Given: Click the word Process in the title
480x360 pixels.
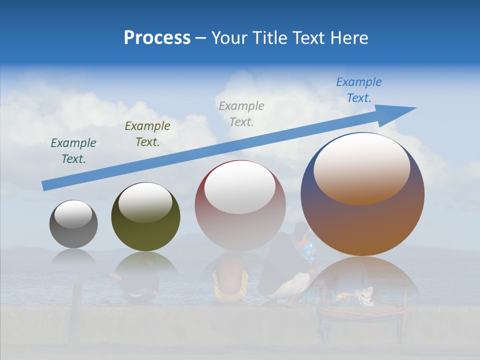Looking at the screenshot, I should (157, 38).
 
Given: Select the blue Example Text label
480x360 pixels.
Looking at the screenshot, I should (358, 90).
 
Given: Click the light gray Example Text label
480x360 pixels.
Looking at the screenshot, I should (241, 114).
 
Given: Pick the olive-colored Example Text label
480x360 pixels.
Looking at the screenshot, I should (147, 134).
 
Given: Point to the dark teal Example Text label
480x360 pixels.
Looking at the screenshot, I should (73, 151).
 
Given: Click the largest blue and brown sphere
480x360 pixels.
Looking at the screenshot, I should (362, 225).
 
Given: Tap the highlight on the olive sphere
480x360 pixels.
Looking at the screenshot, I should (145, 202).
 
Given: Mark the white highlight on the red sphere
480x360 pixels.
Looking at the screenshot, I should (240, 187).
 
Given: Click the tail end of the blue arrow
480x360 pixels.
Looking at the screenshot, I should (46, 186).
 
